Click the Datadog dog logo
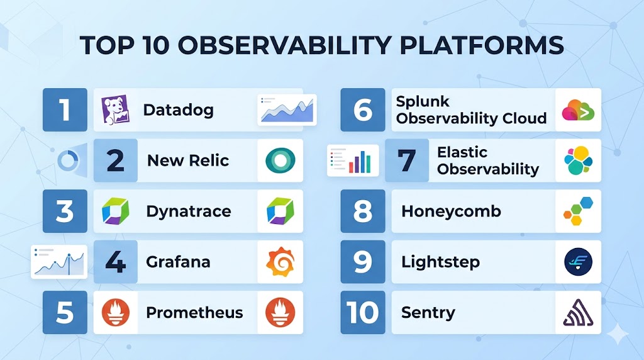coord(116,110)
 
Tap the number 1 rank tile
coord(65,110)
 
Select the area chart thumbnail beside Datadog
coord(287,110)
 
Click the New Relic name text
coord(187,160)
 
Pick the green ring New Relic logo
coord(280,160)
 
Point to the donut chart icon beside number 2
coord(68,160)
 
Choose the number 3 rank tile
coord(65,211)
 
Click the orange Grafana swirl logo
coord(280,262)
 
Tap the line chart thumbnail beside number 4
coord(59,262)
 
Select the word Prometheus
coord(194,313)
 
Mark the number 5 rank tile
coord(65,312)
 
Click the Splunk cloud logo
coord(579,110)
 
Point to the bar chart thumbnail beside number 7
coord(353,160)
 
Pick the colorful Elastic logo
coord(579,160)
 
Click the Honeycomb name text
coord(451,211)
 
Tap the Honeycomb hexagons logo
coord(579,211)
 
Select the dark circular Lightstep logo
coord(579,262)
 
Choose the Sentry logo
coord(579,313)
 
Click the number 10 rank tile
coord(363,312)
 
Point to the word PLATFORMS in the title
coord(481,45)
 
